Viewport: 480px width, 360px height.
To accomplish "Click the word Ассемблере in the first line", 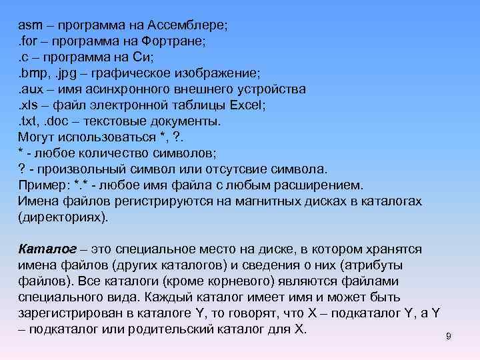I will tap(193, 26).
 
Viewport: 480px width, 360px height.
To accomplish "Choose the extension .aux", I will tap(31, 89).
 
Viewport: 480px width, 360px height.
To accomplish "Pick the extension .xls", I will tap(29, 105).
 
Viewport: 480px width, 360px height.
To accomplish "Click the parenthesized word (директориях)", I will tap(63, 217).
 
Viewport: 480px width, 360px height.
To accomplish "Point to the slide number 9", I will tap(449, 337).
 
